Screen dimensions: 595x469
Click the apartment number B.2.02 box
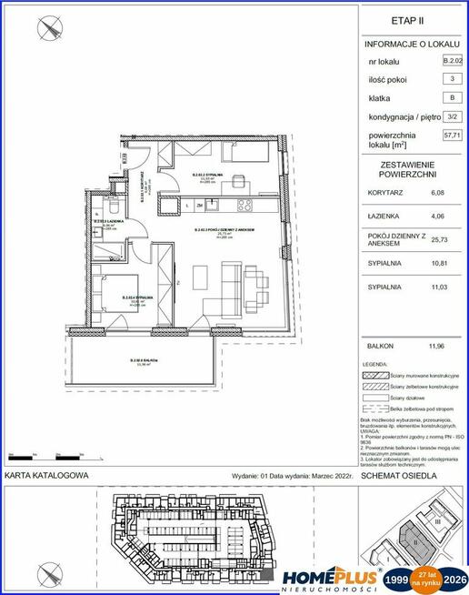point(450,61)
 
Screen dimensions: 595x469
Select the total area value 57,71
point(450,135)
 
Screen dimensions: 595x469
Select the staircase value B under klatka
point(450,97)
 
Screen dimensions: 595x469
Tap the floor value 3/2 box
point(450,116)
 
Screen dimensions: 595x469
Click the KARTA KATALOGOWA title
point(46,475)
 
